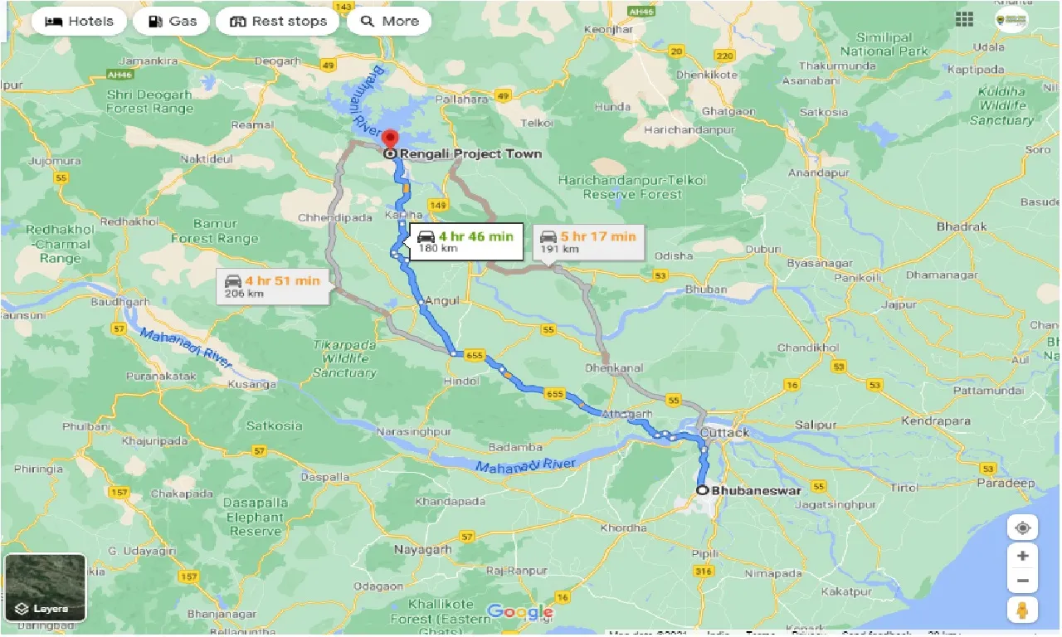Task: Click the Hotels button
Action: pyautogui.click(x=79, y=22)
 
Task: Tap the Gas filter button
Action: pyautogui.click(x=173, y=22)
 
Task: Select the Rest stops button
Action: pyautogui.click(x=278, y=22)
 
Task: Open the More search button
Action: pyautogui.click(x=389, y=22)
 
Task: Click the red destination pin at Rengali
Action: pyautogui.click(x=389, y=139)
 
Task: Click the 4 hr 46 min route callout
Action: pyautogui.click(x=465, y=241)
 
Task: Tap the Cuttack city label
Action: pyautogui.click(x=724, y=432)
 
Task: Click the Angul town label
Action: pyautogui.click(x=442, y=301)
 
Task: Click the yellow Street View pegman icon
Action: pyautogui.click(x=1023, y=610)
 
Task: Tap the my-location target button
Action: pyautogui.click(x=1023, y=528)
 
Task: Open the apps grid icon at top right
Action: pyautogui.click(x=964, y=19)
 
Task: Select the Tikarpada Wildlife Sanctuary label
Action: pyautogui.click(x=344, y=359)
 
